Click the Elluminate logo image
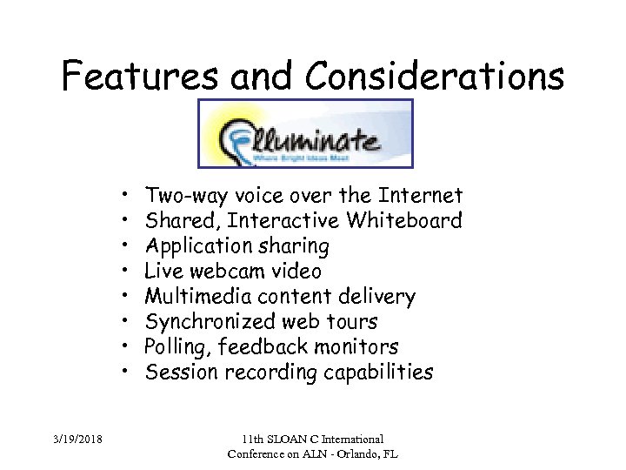coord(305,133)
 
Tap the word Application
coord(194,246)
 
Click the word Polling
coord(177,347)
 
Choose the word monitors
coord(355,347)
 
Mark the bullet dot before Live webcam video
coord(126,272)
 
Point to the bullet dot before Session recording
coord(126,373)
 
